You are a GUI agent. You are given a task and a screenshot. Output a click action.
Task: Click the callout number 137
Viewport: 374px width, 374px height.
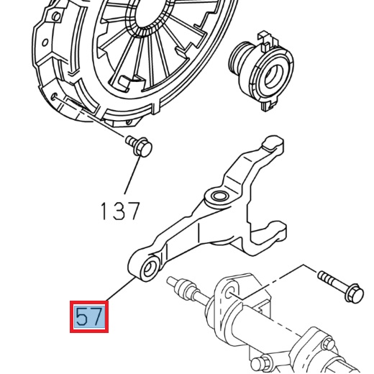coord(119,210)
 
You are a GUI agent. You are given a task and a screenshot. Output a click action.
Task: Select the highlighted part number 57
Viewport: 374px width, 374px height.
coord(89,316)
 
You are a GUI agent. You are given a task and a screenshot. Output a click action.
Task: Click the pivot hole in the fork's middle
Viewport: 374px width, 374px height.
coord(216,196)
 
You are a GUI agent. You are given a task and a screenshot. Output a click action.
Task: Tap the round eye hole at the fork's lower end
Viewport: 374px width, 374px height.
coord(149,270)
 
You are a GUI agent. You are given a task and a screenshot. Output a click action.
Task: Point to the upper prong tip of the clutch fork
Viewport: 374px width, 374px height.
coord(272,147)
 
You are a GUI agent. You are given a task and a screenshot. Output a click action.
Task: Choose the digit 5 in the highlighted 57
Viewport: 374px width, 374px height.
coord(81,316)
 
